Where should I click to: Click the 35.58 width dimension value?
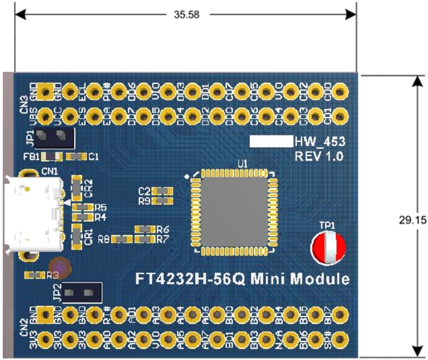(x=187, y=15)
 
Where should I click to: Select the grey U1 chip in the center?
(x=234, y=211)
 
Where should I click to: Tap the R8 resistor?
(x=122, y=239)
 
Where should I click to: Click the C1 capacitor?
(x=77, y=157)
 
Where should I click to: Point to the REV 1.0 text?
(x=319, y=156)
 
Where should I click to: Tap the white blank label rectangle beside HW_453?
(x=271, y=141)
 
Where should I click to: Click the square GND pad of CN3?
(x=46, y=92)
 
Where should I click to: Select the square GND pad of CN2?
(x=46, y=315)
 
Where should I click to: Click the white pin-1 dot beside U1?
(x=187, y=176)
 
